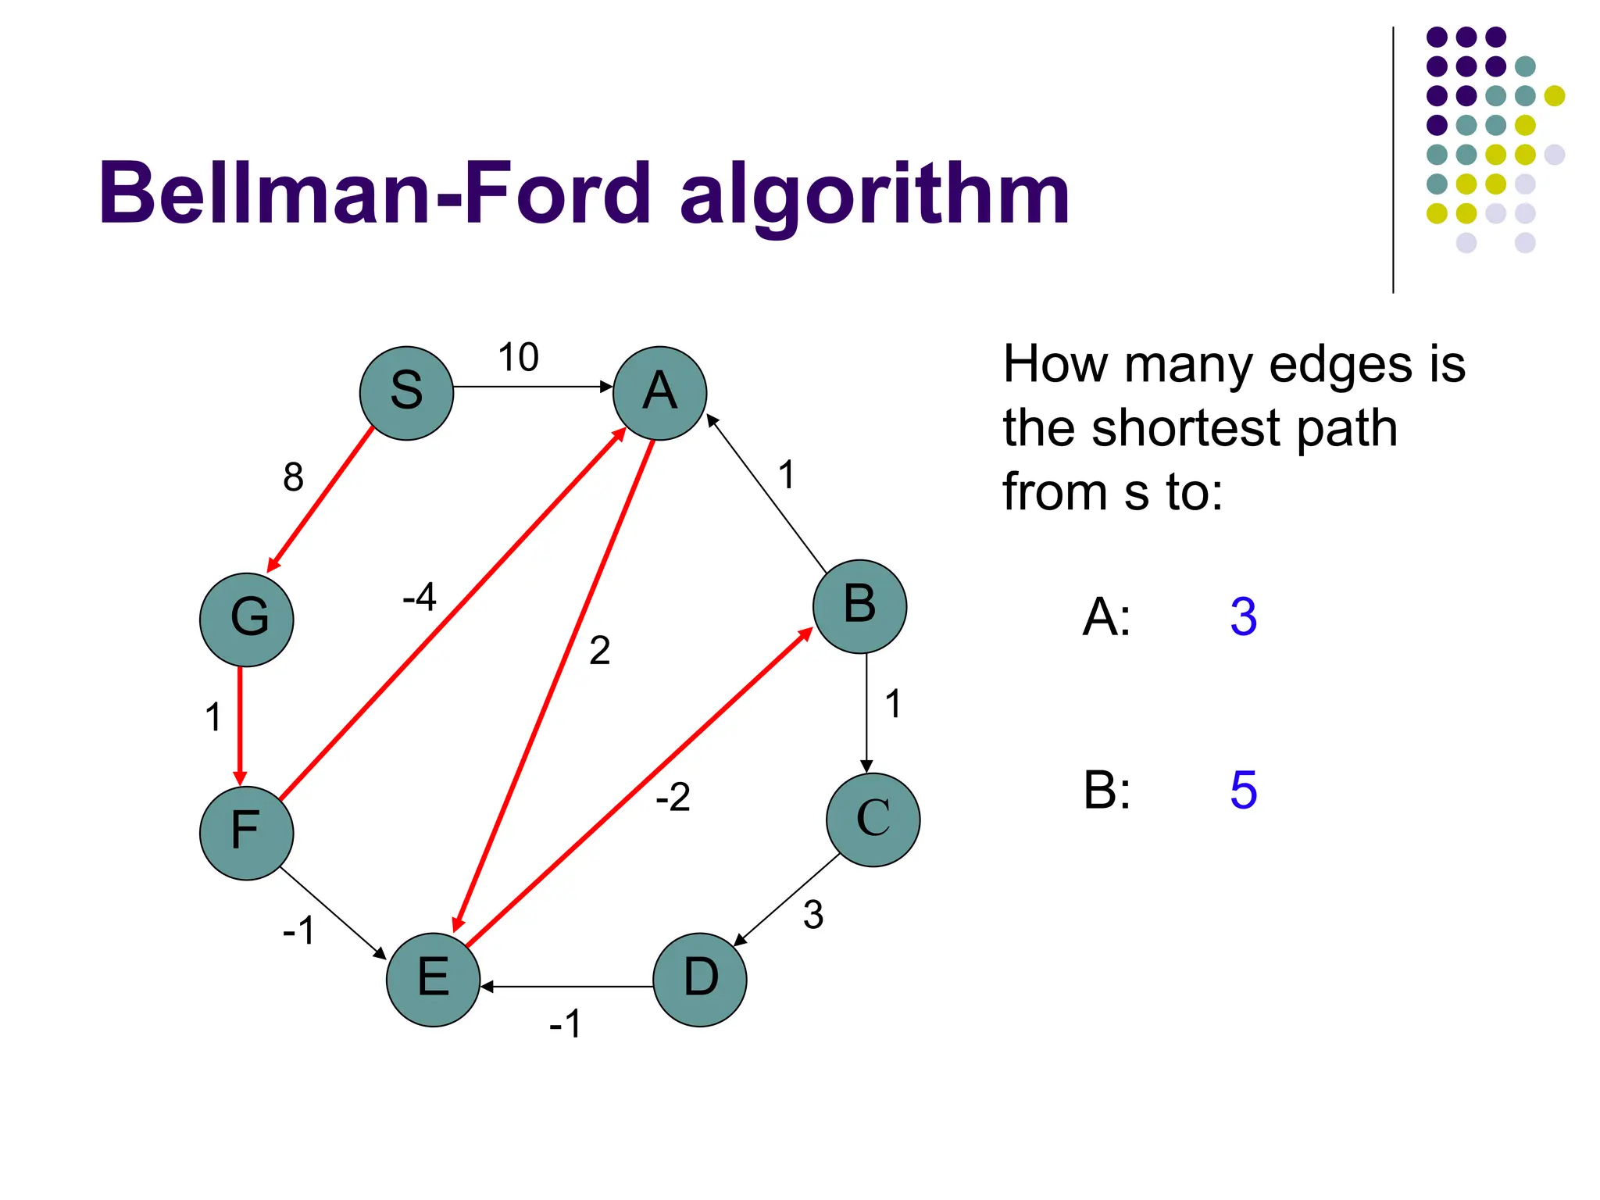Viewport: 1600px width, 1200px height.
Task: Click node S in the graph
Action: pos(406,393)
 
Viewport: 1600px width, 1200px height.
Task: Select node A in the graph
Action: pos(659,393)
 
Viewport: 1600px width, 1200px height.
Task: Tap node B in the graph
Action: pos(859,606)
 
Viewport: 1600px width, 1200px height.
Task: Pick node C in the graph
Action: pos(873,820)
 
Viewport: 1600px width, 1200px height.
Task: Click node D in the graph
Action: pos(700,979)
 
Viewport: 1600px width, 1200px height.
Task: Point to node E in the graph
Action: pos(433,979)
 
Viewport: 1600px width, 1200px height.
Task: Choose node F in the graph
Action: pos(246,833)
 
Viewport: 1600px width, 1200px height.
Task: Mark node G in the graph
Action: pos(246,620)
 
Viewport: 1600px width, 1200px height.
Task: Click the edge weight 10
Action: pos(518,358)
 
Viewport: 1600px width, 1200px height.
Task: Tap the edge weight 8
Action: pos(293,477)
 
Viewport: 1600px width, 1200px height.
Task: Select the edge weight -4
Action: pos(419,598)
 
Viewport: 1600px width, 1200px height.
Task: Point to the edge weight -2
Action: pos(673,798)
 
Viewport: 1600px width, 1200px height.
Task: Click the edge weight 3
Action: pos(813,915)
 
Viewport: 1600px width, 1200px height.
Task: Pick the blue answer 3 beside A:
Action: pos(1243,617)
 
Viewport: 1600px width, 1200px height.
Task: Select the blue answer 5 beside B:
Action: pos(1243,790)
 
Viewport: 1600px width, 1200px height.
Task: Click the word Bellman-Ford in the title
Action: pos(375,193)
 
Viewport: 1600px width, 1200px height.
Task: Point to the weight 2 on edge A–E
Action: pos(599,651)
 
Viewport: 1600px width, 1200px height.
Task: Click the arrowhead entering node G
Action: pos(273,565)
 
